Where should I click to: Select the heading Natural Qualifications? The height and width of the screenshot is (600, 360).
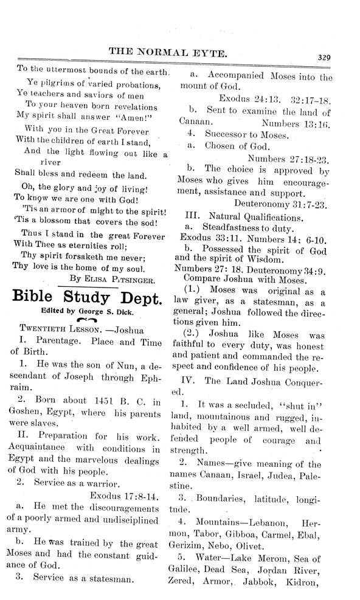(x=254, y=216)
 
